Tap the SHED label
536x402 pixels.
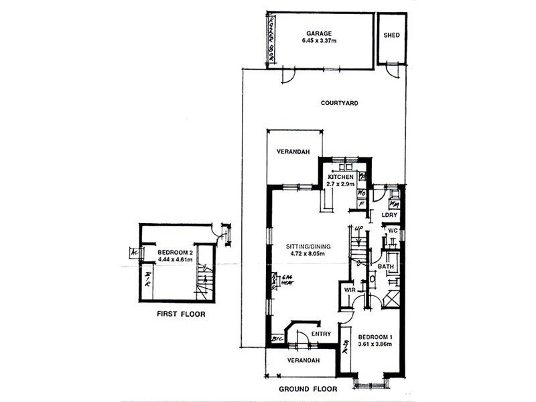[x=391, y=36]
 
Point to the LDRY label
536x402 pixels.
[x=389, y=214]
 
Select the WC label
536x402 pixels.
[x=393, y=231]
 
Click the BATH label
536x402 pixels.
[x=385, y=267]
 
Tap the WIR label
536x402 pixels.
[x=348, y=291]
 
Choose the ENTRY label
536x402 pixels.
[x=322, y=333]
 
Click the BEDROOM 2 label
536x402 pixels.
[x=175, y=253]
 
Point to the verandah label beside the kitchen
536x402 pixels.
[x=292, y=153]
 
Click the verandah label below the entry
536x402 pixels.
[x=299, y=360]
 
